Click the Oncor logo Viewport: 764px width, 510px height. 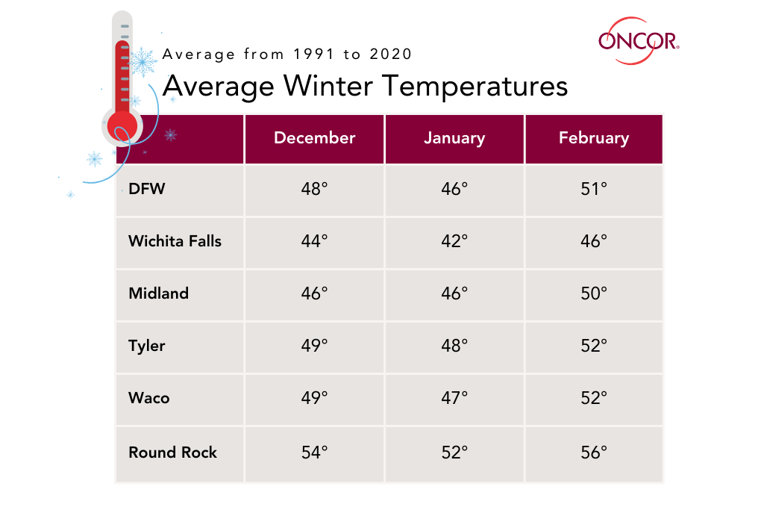tap(639, 41)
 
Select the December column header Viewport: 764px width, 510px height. tap(314, 138)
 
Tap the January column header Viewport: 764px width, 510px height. tap(454, 138)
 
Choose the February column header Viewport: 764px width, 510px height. tap(594, 138)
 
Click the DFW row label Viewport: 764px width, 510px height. tap(147, 189)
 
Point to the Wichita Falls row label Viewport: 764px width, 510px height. tap(175, 241)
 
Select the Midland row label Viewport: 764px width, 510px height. tap(158, 293)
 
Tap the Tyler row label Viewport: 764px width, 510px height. tap(147, 346)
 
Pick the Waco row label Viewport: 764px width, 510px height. tap(149, 398)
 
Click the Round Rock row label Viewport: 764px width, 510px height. tap(172, 453)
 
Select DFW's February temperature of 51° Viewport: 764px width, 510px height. tap(594, 189)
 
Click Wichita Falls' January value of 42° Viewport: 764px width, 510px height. tap(454, 241)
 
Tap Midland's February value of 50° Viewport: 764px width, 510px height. tap(594, 293)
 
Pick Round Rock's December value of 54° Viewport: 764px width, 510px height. tap(314, 453)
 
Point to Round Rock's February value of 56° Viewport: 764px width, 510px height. tap(594, 453)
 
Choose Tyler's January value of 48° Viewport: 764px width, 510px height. tap(454, 346)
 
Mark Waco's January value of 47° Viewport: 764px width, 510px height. tap(454, 398)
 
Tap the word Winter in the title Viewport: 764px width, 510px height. tap(328, 87)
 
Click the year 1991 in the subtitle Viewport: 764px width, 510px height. tap(314, 54)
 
